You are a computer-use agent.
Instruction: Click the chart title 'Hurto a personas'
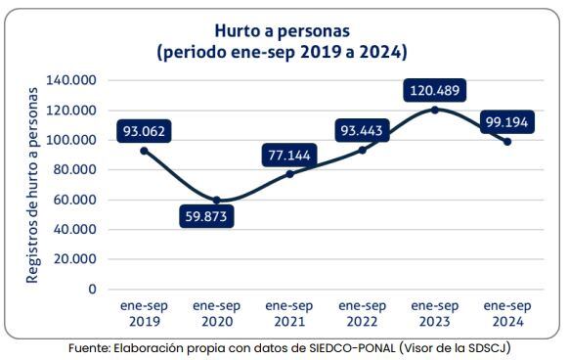(283, 30)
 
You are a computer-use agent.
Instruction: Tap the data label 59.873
(207, 216)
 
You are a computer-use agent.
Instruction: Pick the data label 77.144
(291, 155)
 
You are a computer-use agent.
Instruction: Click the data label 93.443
(363, 129)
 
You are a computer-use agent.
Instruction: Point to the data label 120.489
(433, 90)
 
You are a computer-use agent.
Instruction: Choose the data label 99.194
(508, 122)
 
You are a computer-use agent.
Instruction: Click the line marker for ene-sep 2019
(145, 151)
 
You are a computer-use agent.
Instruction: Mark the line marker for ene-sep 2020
(217, 201)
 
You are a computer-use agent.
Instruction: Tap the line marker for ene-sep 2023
(434, 110)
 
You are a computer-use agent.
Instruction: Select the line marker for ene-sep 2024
(506, 142)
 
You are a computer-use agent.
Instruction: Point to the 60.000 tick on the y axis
(75, 200)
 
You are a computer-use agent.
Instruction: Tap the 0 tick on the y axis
(93, 290)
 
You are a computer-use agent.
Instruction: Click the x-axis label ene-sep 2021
(289, 313)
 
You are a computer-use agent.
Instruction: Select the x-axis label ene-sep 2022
(362, 313)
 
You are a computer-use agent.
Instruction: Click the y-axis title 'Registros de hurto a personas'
(32, 184)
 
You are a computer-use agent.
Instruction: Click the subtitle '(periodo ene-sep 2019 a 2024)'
(283, 52)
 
